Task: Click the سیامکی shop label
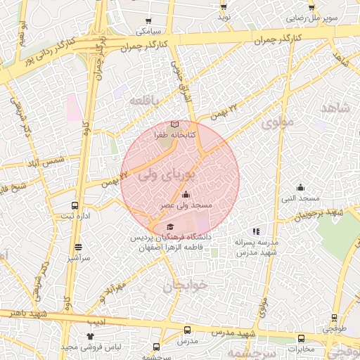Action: point(149,32)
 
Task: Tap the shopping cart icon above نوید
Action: point(224,6)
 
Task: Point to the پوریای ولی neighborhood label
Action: point(166,175)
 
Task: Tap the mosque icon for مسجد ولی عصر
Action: point(186,195)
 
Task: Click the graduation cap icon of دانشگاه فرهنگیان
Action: point(170,226)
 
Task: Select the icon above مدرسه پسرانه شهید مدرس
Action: point(256,231)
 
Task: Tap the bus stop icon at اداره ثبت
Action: point(75,206)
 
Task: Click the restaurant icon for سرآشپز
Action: point(77,247)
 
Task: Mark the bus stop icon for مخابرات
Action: point(301,338)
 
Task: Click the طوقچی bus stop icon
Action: point(330,317)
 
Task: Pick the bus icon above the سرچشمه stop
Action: point(156,347)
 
